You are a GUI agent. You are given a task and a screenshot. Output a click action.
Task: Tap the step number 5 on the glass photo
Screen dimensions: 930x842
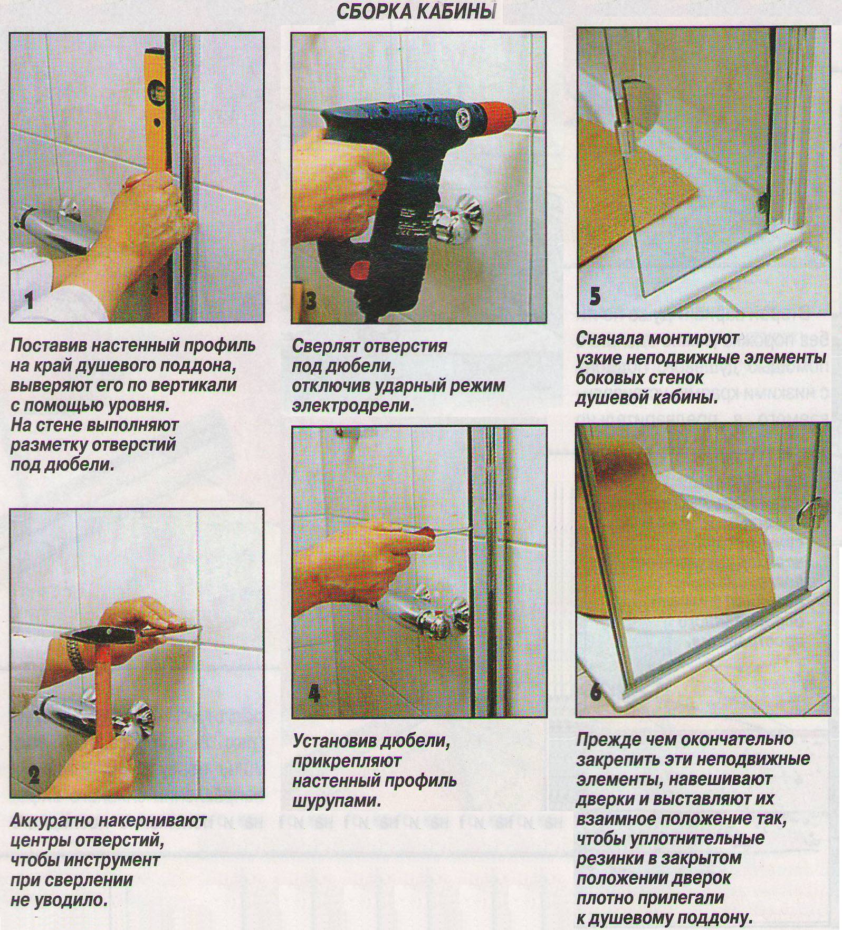click(x=595, y=297)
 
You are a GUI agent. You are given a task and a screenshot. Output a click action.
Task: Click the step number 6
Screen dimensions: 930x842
click(x=595, y=691)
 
